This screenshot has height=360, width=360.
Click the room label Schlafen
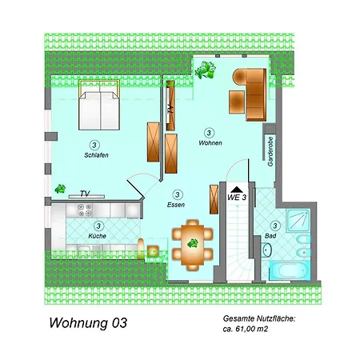click(x=96, y=155)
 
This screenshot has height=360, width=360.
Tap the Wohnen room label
click(x=210, y=143)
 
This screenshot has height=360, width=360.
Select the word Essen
click(x=176, y=205)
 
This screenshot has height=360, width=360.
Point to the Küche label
click(x=98, y=236)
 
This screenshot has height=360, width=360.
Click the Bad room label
click(x=270, y=236)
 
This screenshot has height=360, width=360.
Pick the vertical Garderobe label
click(x=270, y=152)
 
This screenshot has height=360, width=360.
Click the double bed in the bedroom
click(x=99, y=105)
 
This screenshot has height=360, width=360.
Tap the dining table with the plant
click(x=193, y=245)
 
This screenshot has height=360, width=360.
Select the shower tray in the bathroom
click(x=298, y=220)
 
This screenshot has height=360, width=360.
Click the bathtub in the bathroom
click(x=290, y=270)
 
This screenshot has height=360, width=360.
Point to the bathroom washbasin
click(x=266, y=250)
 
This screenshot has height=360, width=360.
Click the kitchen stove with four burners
click(x=85, y=210)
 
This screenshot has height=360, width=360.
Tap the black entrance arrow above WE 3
click(x=237, y=190)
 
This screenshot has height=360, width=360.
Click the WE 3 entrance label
click(x=237, y=198)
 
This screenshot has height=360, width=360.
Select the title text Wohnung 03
click(x=88, y=323)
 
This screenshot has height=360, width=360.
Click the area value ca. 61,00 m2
click(x=246, y=329)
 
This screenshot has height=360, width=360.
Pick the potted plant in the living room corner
click(x=205, y=70)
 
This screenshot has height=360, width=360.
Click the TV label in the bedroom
click(x=85, y=193)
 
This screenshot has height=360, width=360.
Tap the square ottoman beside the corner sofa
click(x=237, y=102)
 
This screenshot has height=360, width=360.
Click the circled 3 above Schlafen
click(x=94, y=146)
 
